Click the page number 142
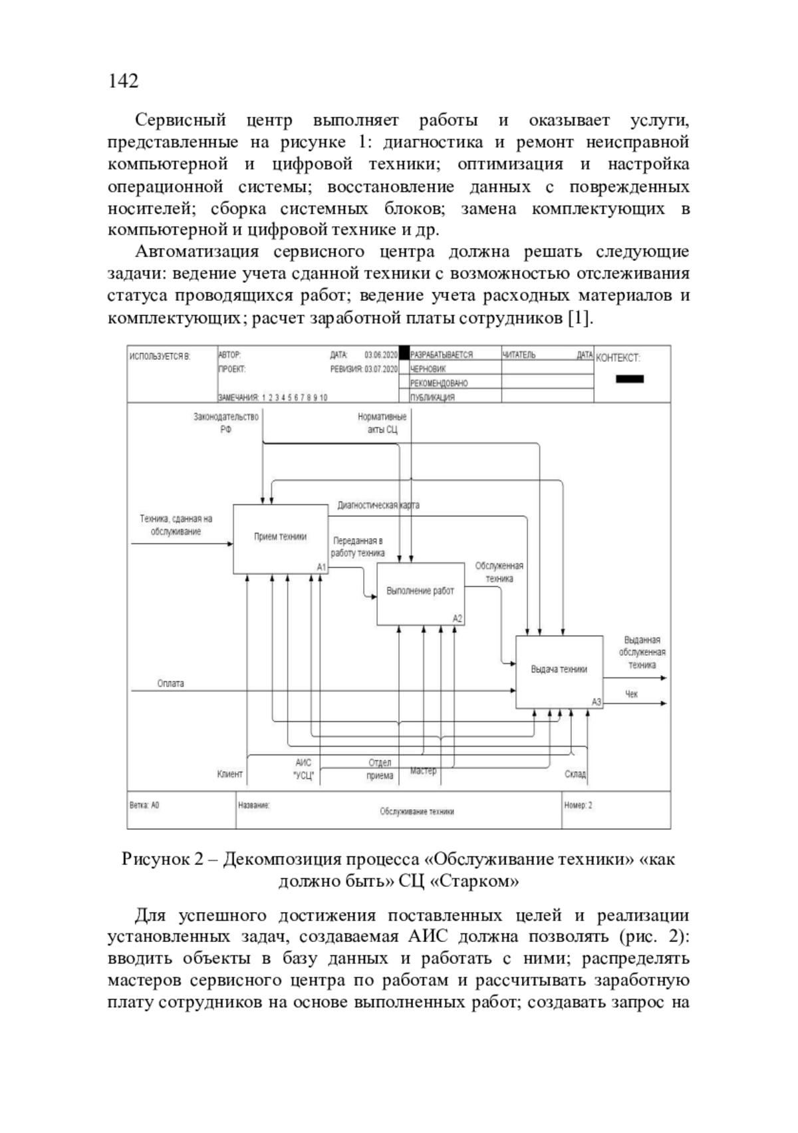pos(123,81)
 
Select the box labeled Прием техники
pos(280,539)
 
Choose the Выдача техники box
pos(559,671)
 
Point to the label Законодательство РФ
pos(226,423)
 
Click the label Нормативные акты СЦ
pos(382,423)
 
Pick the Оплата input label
pos(171,683)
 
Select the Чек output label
pos(631,694)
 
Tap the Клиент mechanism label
pos(230,774)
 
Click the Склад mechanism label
pos(575,774)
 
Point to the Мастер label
pos(424,770)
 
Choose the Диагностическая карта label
pos(378,505)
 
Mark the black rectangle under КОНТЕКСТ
pos(630,379)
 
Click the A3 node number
pos(597,702)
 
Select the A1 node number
pos(321,567)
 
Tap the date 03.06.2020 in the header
pos(380,355)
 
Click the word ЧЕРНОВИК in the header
pos(428,369)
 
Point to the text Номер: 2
pos(578,805)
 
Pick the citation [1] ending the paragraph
pos(579,319)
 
